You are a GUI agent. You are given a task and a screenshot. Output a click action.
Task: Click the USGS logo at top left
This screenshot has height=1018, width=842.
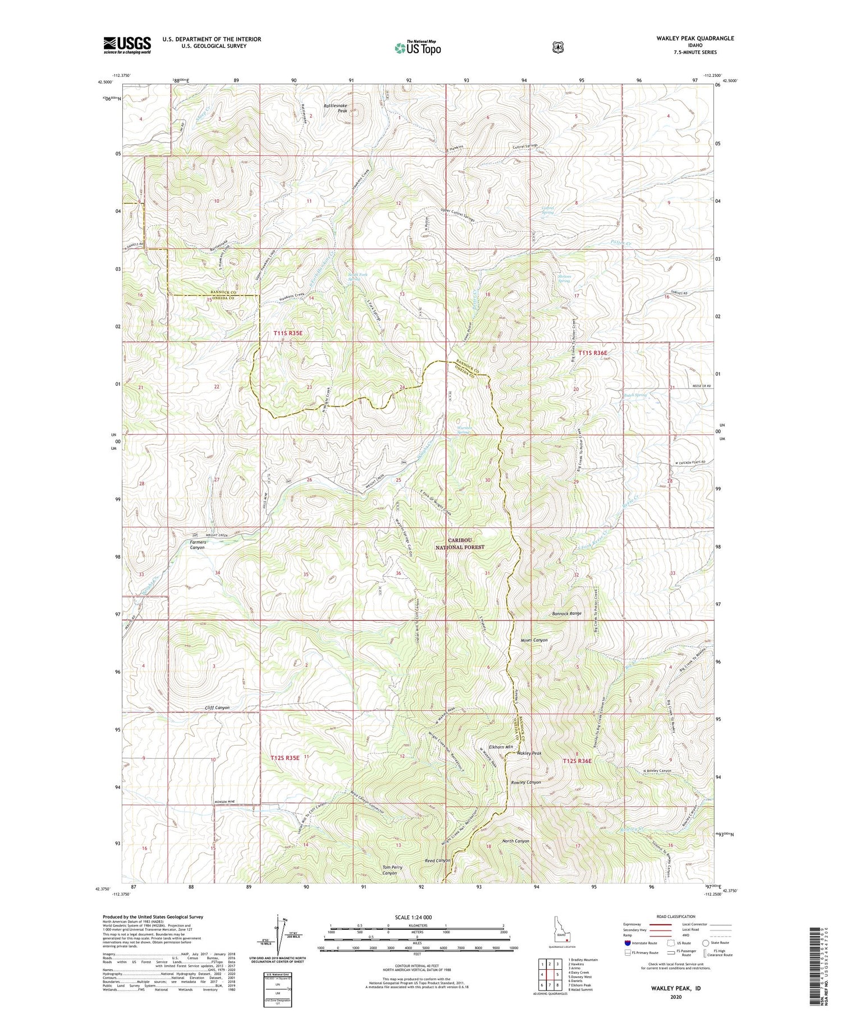pyautogui.click(x=127, y=45)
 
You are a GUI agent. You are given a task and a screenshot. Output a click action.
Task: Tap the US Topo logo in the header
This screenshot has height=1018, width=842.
pyautogui.click(x=418, y=48)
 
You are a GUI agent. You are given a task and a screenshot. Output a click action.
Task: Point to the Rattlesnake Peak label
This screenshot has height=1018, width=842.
pyautogui.click(x=336, y=108)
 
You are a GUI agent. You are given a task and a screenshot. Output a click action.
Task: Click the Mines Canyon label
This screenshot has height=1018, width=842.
pyautogui.click(x=534, y=640)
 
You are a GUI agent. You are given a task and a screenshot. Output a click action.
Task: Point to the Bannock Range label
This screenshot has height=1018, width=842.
pyautogui.click(x=566, y=614)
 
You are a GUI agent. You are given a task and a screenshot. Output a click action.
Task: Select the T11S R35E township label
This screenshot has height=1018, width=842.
pyautogui.click(x=288, y=333)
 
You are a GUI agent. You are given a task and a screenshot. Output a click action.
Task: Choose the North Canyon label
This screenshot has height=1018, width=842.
pyautogui.click(x=515, y=841)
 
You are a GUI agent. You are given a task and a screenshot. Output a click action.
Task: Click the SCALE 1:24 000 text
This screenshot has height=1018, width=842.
pyautogui.click(x=417, y=917)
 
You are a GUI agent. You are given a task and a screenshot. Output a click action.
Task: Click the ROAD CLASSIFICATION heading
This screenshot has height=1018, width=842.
pyautogui.click(x=671, y=916)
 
